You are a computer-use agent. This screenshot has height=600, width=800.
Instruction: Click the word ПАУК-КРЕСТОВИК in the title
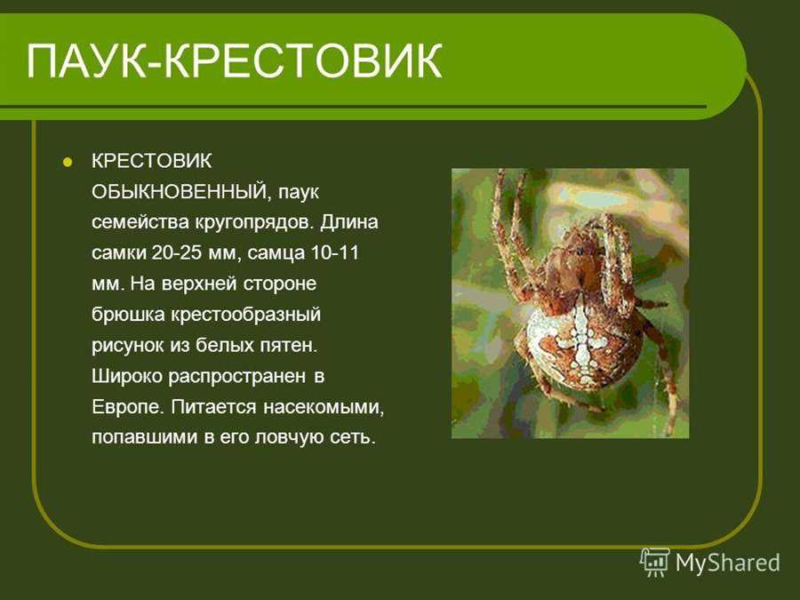234,61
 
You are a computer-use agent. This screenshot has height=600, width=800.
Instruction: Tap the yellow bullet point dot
67,163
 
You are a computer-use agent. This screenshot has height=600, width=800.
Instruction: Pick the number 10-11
335,252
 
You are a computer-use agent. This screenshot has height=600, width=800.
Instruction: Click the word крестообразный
245,315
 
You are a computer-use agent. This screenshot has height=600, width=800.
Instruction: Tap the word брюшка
128,315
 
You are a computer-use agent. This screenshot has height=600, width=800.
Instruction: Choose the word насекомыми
324,407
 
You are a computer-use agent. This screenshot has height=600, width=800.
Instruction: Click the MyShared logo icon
654,563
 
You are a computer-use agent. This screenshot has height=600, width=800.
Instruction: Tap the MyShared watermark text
727,563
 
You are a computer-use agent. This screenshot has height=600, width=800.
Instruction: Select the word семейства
140,223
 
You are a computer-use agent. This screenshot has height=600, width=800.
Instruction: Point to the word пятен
288,346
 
